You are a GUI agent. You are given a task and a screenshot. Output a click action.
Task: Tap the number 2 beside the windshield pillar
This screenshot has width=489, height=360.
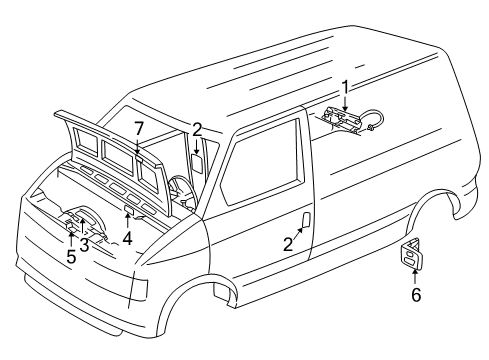coord(197,128)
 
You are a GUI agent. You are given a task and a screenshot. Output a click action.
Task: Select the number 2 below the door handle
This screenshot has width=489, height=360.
coord(288,244)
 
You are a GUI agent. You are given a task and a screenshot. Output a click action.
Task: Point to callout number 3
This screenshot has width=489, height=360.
coord(85,245)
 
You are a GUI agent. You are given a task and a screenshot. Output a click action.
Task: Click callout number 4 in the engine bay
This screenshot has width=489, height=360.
coord(127,239)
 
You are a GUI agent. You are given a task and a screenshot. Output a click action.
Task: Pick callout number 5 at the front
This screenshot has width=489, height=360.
coord(70,255)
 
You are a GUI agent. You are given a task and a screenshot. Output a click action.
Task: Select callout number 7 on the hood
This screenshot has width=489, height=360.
coord(138,128)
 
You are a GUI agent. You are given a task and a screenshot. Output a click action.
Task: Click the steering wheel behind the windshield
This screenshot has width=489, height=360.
coord(181,189)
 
